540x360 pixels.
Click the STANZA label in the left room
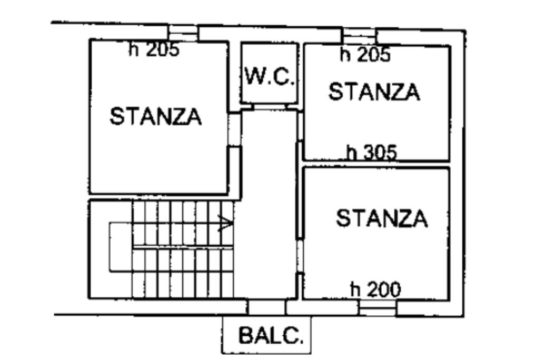(156, 116)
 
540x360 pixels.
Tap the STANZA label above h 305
(374, 92)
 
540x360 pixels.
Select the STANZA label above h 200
(382, 218)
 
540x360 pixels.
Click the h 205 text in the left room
(154, 49)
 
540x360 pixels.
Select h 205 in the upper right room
(365, 54)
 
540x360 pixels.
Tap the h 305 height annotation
(372, 152)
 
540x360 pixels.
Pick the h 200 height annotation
(375, 289)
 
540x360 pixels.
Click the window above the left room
(183, 33)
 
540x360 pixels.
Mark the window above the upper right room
(360, 36)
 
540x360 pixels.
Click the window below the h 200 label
(378, 308)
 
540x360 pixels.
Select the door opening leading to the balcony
(267, 307)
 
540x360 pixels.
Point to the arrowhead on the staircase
(226, 223)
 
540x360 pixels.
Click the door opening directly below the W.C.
(269, 107)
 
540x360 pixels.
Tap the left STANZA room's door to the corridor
(235, 130)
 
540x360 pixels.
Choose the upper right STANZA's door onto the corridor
(300, 127)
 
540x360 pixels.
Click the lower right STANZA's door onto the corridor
(300, 256)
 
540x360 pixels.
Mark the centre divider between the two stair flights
(183, 247)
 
